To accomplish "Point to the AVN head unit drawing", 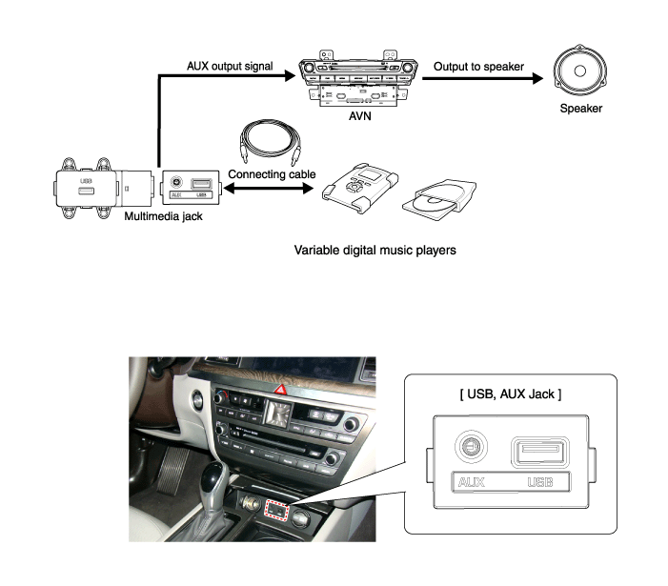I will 359,76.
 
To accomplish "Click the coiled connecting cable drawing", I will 270,141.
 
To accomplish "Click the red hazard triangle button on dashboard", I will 283,390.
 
